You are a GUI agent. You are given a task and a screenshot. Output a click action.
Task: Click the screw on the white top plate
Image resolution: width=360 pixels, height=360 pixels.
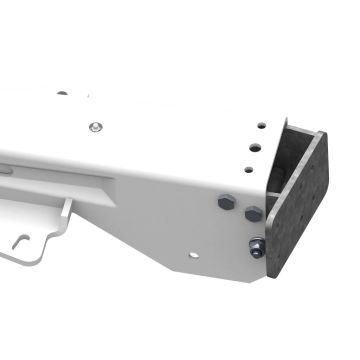94,127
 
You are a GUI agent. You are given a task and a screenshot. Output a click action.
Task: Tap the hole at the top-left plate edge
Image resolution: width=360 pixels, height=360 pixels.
62,93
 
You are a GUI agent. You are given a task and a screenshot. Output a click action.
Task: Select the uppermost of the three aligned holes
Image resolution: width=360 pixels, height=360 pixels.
262,127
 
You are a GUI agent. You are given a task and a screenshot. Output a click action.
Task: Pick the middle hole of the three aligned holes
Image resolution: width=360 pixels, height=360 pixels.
257,146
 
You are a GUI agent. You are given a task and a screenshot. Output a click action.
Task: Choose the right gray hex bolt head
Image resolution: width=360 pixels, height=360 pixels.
253,213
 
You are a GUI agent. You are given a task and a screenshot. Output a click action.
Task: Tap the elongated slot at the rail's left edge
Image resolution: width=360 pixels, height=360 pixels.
7,170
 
